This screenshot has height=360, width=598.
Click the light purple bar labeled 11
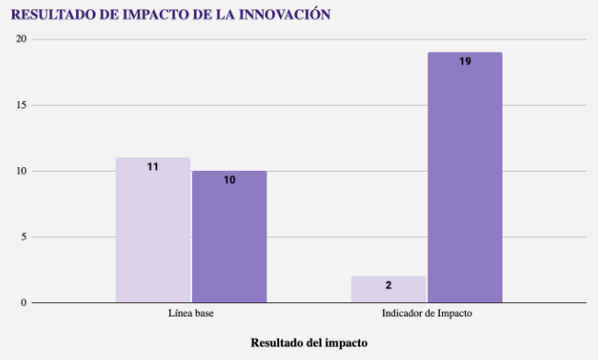click(x=152, y=230)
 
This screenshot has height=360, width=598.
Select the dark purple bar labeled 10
click(x=230, y=237)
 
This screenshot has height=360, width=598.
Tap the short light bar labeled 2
click(x=389, y=289)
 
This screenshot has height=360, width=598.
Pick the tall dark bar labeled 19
click(x=465, y=178)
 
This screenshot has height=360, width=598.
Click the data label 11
click(x=152, y=166)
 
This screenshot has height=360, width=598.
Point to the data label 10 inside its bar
click(x=230, y=180)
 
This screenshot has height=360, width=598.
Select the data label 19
click(x=465, y=62)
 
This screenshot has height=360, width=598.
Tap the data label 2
click(x=389, y=286)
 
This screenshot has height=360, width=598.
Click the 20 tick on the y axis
click(x=21, y=39)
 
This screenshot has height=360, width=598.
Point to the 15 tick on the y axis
click(x=21, y=105)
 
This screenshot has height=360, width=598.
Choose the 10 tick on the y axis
click(x=21, y=171)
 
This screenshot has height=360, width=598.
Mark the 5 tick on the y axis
click(x=24, y=237)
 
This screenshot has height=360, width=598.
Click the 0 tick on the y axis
click(x=24, y=303)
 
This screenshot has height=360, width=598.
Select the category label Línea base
click(x=191, y=313)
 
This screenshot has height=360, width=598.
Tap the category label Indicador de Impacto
click(x=427, y=313)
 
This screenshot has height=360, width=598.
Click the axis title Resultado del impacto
click(x=309, y=343)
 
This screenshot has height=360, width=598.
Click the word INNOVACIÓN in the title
click(x=285, y=15)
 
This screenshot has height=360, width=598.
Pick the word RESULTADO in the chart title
click(x=53, y=15)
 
